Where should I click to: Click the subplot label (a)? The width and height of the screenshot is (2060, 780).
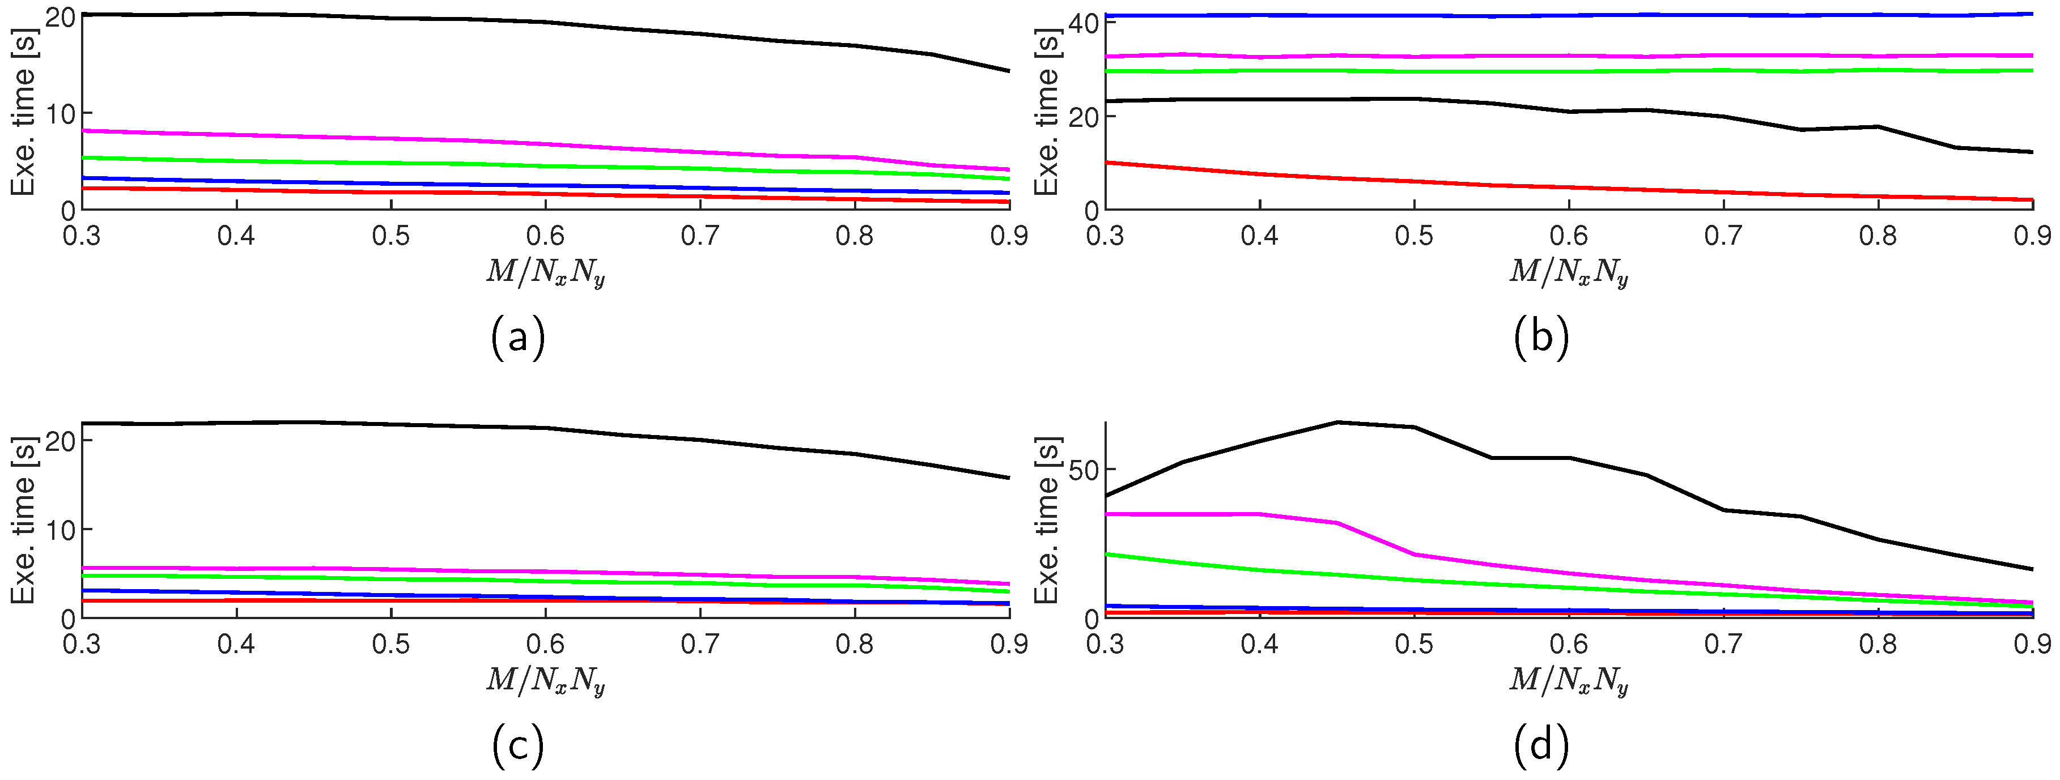pos(518,337)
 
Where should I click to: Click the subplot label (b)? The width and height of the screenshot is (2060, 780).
pos(1541,337)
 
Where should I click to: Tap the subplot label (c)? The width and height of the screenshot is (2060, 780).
pos(518,745)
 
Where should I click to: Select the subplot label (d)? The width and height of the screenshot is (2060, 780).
pos(1541,745)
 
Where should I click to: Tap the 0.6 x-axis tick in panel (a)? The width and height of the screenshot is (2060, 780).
pos(545,235)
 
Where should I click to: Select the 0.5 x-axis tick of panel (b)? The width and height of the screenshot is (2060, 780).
pos(1414,235)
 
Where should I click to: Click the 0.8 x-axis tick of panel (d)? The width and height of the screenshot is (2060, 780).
pos(1878,643)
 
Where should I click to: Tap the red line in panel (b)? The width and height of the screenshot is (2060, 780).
pos(1414,181)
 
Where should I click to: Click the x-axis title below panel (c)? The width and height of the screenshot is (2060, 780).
pos(545,681)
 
